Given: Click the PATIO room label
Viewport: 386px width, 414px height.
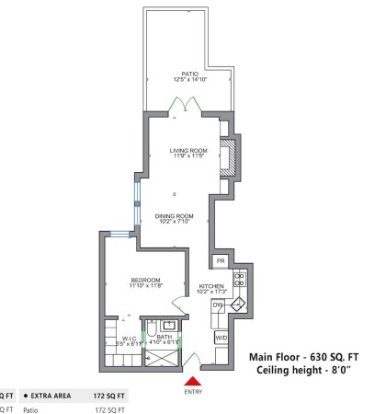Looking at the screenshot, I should [190, 74].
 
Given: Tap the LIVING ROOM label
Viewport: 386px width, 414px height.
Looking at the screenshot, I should [187, 151].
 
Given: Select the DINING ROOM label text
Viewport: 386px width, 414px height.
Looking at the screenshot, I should [172, 217].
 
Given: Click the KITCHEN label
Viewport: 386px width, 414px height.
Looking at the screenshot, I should [211, 287].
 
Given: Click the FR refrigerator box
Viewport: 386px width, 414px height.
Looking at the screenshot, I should [221, 261].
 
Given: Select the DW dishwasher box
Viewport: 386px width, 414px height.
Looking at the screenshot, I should [219, 305].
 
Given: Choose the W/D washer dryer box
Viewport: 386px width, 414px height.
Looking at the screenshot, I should [221, 338].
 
